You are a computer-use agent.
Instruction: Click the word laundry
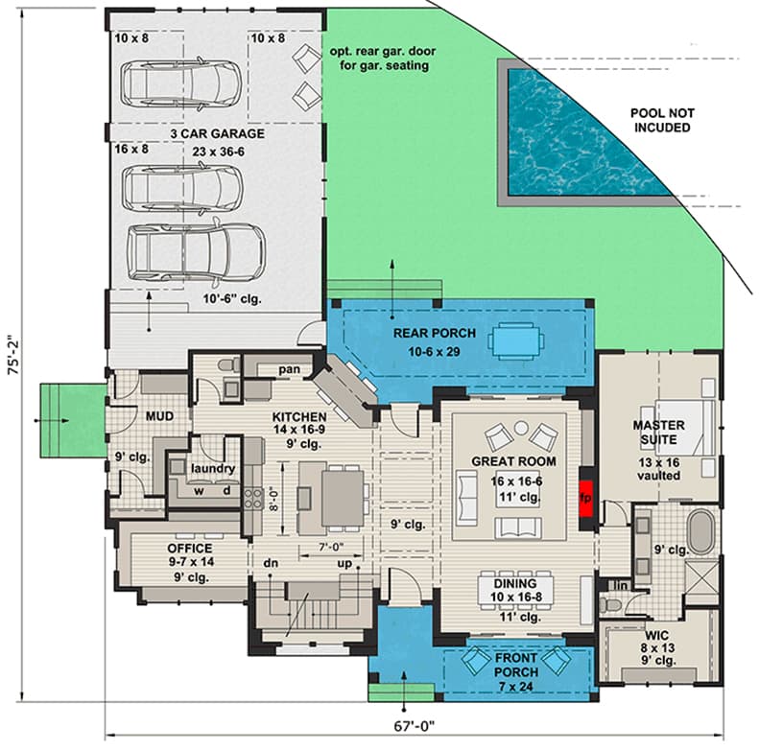212,468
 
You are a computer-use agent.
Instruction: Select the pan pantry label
290,368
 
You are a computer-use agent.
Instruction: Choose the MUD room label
158,417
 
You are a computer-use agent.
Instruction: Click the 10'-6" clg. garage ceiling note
218,299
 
